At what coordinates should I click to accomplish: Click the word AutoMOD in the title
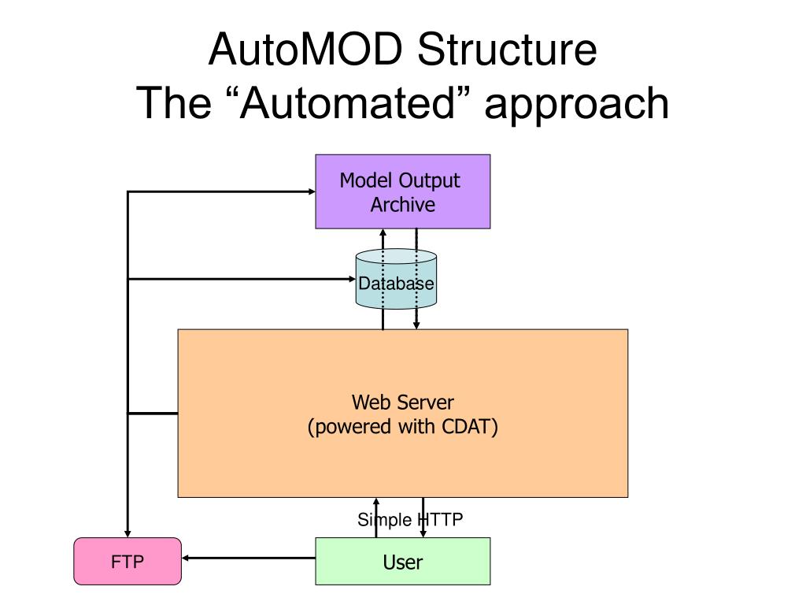coord(306,50)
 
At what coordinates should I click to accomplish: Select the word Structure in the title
coord(507,50)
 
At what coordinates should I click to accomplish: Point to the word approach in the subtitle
coord(576,105)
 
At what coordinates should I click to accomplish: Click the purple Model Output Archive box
coord(402,191)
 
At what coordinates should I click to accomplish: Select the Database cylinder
coord(396,279)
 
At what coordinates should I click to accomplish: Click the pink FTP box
coord(128,561)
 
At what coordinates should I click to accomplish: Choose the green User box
coord(402,561)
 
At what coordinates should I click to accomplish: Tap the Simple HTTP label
coord(410,520)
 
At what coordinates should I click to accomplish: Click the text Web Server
coord(402,403)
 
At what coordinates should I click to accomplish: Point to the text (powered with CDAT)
coord(402,426)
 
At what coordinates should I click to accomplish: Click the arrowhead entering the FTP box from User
coord(186,559)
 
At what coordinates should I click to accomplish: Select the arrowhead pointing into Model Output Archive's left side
coord(312,191)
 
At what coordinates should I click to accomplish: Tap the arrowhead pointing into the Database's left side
coord(352,280)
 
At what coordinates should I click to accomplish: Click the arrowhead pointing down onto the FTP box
coord(128,534)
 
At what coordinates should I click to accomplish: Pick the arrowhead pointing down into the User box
coord(423,534)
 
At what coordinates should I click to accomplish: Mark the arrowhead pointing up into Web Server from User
coord(376,502)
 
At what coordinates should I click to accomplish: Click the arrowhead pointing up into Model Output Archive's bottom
coord(383,232)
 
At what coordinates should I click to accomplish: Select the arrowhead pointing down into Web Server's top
coord(416,325)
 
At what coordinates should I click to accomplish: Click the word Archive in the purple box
coord(402,205)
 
